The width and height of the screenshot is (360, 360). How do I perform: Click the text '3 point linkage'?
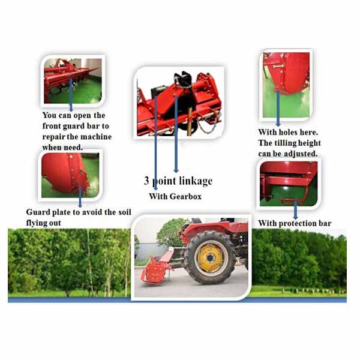point(178,181)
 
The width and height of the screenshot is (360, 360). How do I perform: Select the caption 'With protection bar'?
point(295,223)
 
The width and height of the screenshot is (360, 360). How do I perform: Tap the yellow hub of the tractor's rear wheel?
point(209,257)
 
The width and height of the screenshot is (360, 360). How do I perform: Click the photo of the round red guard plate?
point(69,175)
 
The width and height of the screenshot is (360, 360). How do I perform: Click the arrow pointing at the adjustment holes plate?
point(277,108)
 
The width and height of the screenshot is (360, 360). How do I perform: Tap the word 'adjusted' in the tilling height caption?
point(300,154)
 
